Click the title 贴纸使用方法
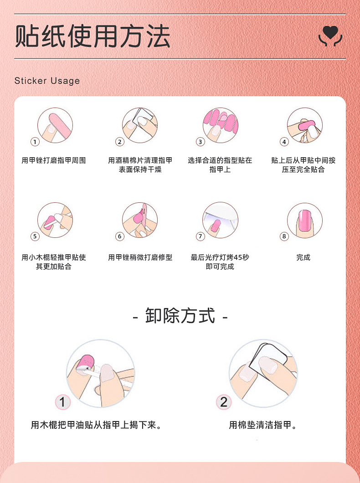coord(93,36)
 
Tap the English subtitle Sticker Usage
coord(47,81)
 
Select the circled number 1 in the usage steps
coord(35,142)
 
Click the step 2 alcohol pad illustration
coord(140,125)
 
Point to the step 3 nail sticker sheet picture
coord(221,125)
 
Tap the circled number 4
coord(284,142)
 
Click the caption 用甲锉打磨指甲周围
coord(54,160)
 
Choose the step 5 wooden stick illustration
coord(55,220)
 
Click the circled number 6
coord(120,236)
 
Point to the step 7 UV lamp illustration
coord(221,220)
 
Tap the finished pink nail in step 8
coord(304,221)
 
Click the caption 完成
coord(303,257)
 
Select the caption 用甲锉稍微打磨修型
coord(140,257)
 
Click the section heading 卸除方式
coord(180,316)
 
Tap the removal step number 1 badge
coord(63,402)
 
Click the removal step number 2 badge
coord(223,402)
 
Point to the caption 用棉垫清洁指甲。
coord(263,425)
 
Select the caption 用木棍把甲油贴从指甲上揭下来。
coord(97,425)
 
